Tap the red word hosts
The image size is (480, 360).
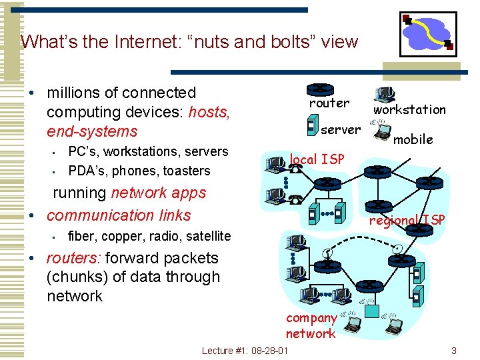[x=209, y=112]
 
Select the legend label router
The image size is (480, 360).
[x=329, y=103]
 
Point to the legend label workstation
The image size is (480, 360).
[x=409, y=109]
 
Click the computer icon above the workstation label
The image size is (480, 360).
[x=385, y=95]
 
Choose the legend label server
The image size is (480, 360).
[x=341, y=129]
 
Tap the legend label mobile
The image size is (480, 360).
[x=413, y=139]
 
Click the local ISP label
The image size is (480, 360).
[x=317, y=159]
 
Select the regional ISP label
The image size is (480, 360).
[x=407, y=220]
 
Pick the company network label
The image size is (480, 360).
[x=311, y=326]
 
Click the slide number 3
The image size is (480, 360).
[x=453, y=351]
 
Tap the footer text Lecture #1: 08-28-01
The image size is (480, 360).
[x=245, y=351]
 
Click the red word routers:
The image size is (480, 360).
[x=73, y=258]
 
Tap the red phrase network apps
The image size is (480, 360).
[x=159, y=193]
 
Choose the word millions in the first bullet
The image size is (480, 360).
[x=73, y=93]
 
